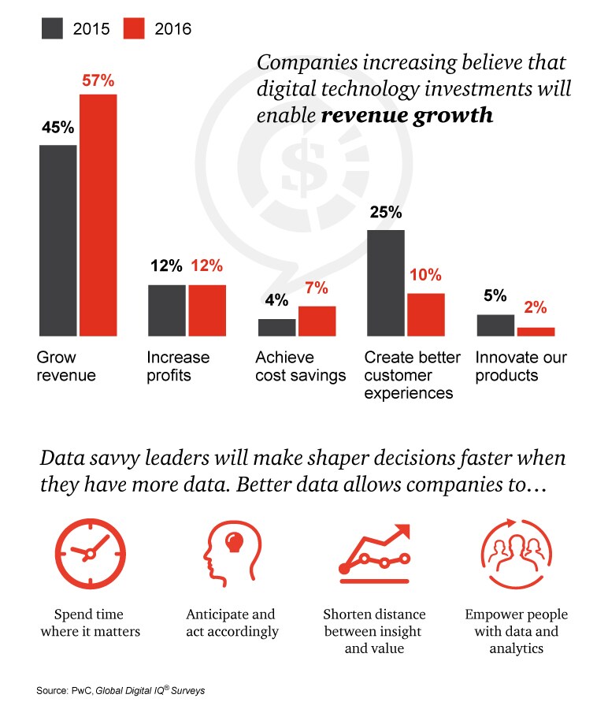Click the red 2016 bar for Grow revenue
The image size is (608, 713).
click(x=97, y=215)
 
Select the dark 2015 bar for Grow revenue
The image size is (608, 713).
click(x=57, y=240)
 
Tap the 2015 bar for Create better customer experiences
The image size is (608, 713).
click(x=386, y=283)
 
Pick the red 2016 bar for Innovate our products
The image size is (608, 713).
click(x=536, y=331)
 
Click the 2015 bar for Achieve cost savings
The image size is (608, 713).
click(x=276, y=327)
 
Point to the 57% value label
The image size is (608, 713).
click(x=98, y=80)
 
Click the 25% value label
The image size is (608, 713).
click(x=385, y=213)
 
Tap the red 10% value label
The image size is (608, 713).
click(x=425, y=276)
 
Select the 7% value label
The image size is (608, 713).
click(x=317, y=288)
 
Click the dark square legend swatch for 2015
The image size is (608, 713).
click(x=52, y=29)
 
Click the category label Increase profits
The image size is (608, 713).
click(x=178, y=366)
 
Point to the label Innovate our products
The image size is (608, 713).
click(x=522, y=366)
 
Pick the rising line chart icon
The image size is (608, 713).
click(x=374, y=551)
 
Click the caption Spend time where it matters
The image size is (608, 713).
click(x=88, y=622)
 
